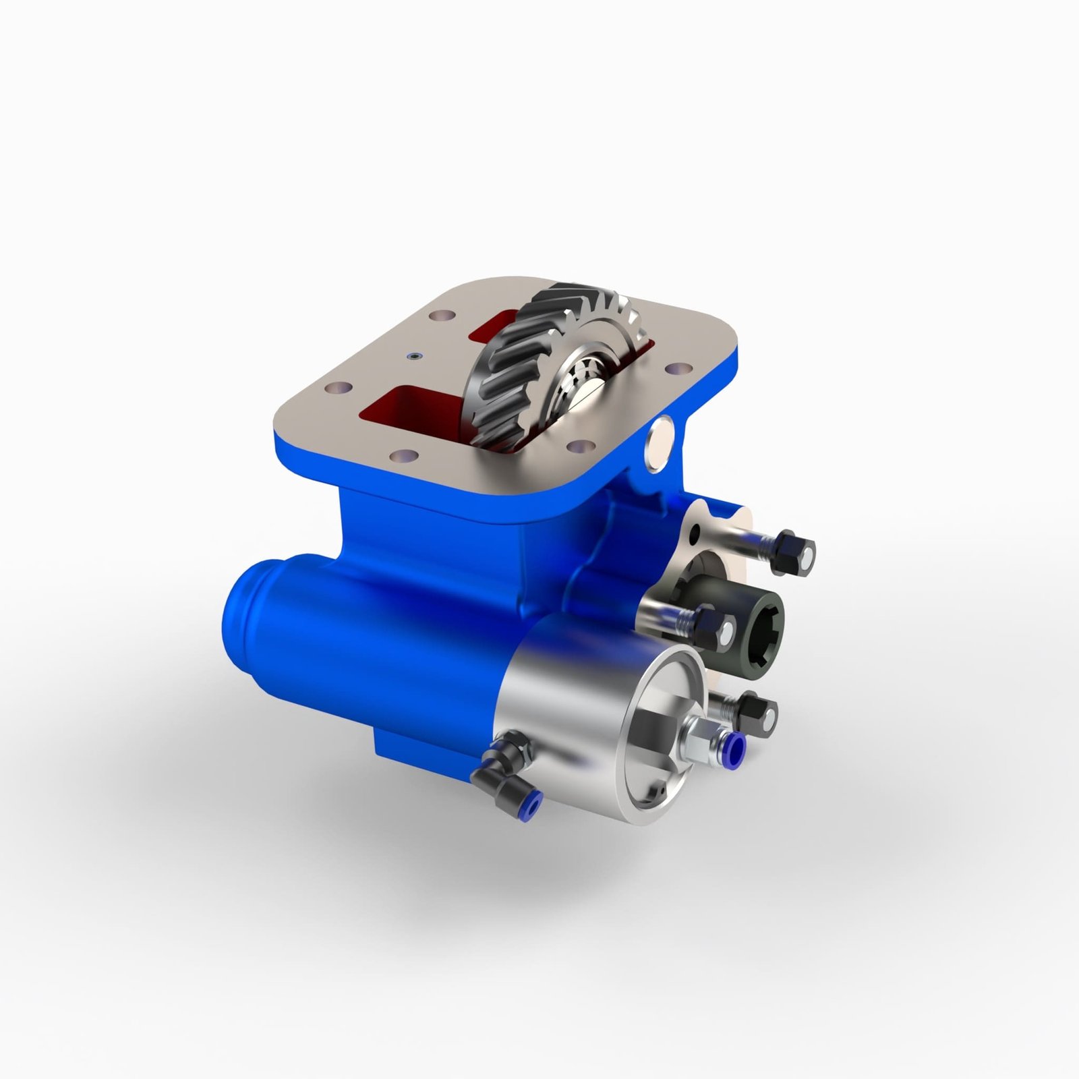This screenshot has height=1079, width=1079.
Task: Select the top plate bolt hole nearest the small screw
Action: tap(443, 314)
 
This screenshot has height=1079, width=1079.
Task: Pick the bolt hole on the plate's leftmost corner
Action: tap(335, 388)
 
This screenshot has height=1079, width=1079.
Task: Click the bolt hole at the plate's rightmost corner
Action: tap(678, 370)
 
